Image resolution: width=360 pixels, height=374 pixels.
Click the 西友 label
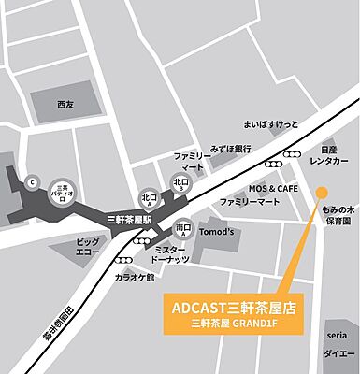pos(64,103)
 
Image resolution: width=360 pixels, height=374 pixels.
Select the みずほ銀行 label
pos(228,148)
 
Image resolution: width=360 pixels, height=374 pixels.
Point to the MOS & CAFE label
pos(272,188)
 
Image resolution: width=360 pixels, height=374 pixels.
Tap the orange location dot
pos(321,193)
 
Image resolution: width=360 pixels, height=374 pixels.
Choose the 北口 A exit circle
pos(148,198)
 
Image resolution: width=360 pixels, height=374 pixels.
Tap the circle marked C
pos(31,182)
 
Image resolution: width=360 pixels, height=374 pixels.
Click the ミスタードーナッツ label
pos(176,253)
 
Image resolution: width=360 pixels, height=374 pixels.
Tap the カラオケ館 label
pos(135,277)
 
